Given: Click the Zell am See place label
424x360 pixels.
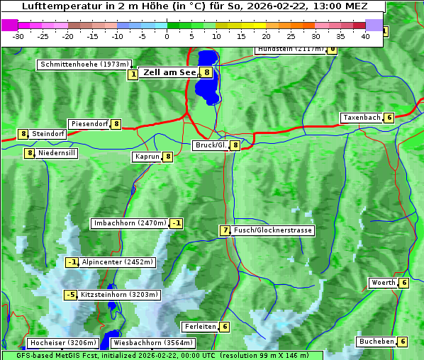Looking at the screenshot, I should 169,72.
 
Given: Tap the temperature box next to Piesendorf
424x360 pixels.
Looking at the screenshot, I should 116,124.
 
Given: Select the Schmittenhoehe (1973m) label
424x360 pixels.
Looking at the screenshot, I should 85,64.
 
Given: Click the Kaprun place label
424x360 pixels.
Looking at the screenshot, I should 147,157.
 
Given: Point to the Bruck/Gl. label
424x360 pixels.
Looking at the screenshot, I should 211,145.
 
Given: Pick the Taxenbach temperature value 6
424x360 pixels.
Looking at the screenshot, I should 389,118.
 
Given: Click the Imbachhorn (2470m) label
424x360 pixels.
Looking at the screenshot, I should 130,224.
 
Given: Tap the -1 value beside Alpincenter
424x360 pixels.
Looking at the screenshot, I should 72,262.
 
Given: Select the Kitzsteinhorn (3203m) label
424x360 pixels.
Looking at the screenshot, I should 120,295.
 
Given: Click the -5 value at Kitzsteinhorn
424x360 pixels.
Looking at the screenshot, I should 70,295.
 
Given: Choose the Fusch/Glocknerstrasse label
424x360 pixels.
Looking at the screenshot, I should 273,230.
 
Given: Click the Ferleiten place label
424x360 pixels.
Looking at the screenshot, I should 199,327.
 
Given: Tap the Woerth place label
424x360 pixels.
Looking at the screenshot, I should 383,283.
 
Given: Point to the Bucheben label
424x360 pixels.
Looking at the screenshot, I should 376,342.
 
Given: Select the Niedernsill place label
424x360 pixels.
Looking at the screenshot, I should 57,152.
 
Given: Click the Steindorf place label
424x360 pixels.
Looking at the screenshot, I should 49,133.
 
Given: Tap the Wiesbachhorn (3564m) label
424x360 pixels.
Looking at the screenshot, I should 143,343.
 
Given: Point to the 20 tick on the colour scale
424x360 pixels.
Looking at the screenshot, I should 266,36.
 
